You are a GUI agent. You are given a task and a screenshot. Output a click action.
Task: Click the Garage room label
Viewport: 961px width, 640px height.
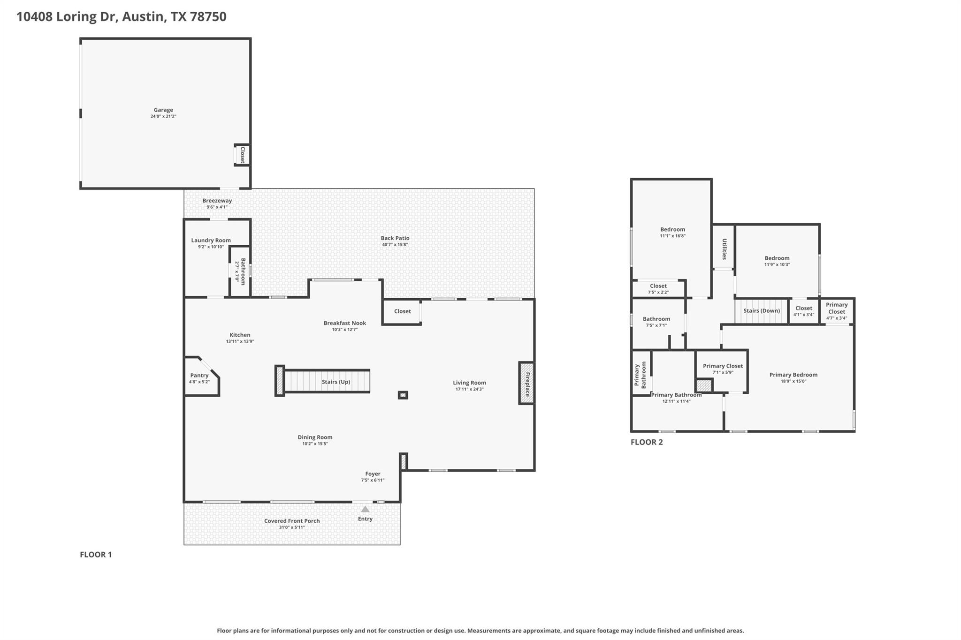tap(163, 110)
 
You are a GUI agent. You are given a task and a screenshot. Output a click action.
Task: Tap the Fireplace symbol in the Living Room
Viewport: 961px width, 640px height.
tap(526, 384)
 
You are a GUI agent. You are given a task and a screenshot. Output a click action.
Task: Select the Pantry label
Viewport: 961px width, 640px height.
tap(199, 376)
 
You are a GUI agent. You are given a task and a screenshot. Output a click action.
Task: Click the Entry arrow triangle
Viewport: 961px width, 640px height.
tap(365, 509)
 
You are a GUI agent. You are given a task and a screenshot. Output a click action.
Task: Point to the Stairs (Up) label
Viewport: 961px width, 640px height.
tap(336, 382)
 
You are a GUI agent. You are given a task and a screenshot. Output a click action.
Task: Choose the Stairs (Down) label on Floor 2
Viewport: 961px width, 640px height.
tap(762, 311)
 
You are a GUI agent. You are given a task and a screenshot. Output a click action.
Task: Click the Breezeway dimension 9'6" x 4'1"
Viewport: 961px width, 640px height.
tap(217, 207)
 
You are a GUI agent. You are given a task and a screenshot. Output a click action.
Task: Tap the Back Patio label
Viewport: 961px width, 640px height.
tap(395, 238)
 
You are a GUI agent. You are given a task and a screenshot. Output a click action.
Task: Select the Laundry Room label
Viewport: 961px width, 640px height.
tap(211, 241)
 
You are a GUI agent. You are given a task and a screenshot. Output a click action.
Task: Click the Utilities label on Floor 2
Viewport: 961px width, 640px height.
tap(724, 249)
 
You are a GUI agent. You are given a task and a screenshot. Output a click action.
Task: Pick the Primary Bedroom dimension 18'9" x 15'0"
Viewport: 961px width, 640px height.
tap(793, 381)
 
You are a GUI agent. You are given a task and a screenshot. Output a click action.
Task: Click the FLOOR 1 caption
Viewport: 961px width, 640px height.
tap(96, 555)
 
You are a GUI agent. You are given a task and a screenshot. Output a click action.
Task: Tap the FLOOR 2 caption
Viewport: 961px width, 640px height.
tap(647, 442)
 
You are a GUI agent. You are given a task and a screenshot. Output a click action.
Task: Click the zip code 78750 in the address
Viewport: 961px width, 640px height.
tap(208, 17)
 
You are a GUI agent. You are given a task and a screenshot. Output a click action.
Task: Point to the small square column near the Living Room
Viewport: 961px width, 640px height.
tap(403, 395)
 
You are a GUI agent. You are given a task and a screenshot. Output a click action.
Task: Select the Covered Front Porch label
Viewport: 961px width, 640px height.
tap(292, 521)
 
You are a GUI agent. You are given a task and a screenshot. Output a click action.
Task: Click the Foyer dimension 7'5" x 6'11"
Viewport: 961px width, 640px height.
tap(373, 480)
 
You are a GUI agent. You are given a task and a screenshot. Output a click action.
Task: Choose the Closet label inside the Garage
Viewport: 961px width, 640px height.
tap(243, 155)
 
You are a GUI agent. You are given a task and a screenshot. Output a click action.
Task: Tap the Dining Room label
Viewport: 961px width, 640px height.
tap(315, 437)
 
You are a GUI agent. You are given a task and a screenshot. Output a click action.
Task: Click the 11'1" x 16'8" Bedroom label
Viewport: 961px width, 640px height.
tap(672, 230)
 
